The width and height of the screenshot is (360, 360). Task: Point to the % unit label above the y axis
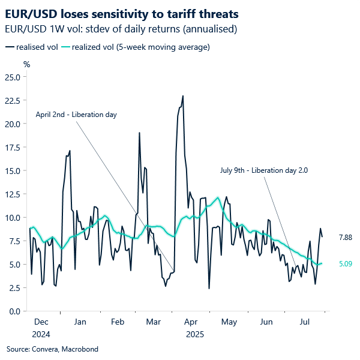click(26, 64)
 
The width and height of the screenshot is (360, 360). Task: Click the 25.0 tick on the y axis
click(13, 77)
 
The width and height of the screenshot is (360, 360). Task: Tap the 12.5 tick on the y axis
click(13, 194)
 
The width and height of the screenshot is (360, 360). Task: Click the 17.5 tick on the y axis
click(13, 147)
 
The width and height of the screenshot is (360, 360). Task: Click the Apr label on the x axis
click(192, 322)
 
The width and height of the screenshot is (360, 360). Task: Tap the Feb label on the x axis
click(117, 322)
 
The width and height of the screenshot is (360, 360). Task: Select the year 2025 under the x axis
click(194, 334)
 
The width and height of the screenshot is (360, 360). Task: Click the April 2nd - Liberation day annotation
click(76, 114)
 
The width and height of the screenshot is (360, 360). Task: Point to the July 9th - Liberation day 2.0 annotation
click(263, 170)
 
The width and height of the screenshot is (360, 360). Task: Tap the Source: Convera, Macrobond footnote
click(52, 349)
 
